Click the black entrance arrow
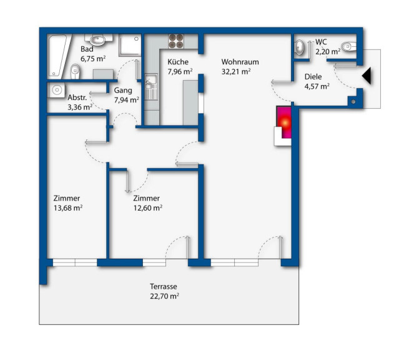pyautogui.click(x=367, y=76)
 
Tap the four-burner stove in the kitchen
pyautogui.click(x=176, y=41)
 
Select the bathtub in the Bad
pyautogui.click(x=58, y=56)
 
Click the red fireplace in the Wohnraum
pyautogui.click(x=284, y=122)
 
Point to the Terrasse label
pyautogui.click(x=164, y=286)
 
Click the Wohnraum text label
pyautogui.click(x=240, y=62)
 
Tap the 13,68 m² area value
pyautogui.click(x=68, y=207)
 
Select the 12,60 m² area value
pyautogui.click(x=147, y=207)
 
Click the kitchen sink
pyautogui.click(x=150, y=87)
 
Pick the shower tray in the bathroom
pyautogui.click(x=130, y=45)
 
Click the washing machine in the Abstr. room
pyautogui.click(x=56, y=90)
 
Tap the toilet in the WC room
pyautogui.click(x=348, y=47)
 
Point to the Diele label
pyautogui.click(x=313, y=77)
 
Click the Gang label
pyautogui.click(x=123, y=91)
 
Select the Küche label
pyautogui.click(x=178, y=62)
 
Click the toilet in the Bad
pyautogui.click(x=75, y=71)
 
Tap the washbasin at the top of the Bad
pyautogui.click(x=97, y=39)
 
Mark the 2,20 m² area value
pyautogui.click(x=328, y=52)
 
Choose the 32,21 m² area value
pyautogui.click(x=236, y=71)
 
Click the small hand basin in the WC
pyautogui.click(x=299, y=47)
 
